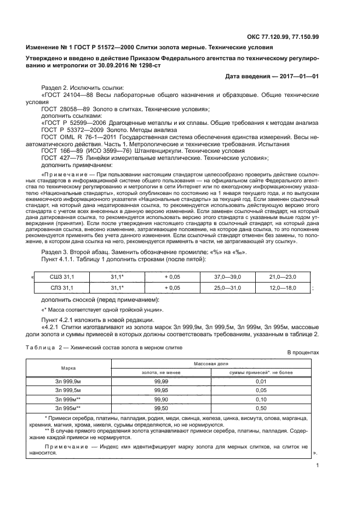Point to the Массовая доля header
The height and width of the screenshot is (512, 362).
click(211, 378)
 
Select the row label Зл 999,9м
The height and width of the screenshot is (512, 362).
click(68, 396)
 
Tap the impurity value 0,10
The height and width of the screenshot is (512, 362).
click(261, 415)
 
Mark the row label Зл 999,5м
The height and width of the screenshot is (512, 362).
click(68, 405)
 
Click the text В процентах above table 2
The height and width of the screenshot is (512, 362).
click(303, 368)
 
